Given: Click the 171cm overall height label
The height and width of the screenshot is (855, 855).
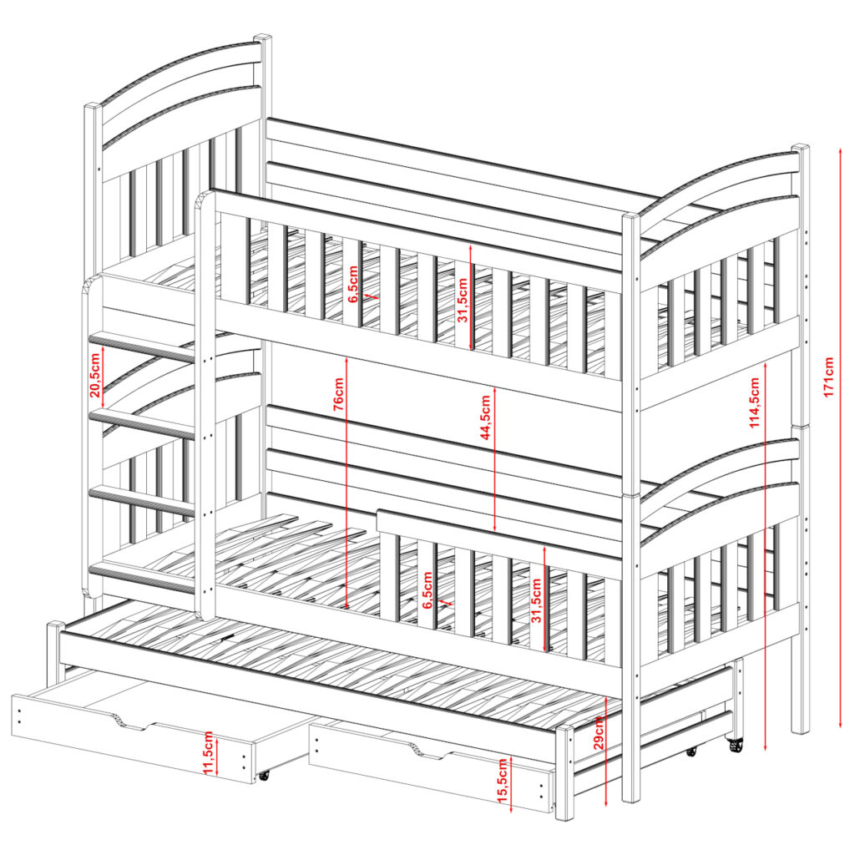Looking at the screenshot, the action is coord(829,377).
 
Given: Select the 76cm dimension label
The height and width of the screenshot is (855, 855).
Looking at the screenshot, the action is coord(338,394).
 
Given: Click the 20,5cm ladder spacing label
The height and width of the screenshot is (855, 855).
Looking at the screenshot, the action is coord(95,375).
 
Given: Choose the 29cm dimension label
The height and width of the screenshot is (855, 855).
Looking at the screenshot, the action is coord(598,732).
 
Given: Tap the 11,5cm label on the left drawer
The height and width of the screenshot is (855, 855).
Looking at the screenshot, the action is coord(208,753).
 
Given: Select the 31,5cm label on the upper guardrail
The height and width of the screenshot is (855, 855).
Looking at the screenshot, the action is coord(463,301).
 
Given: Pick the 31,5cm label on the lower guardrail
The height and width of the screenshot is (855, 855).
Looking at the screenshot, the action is coord(537,601).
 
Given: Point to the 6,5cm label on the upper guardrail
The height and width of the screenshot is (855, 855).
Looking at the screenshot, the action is coord(353,284).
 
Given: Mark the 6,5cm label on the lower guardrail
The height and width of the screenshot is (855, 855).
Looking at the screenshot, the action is coord(427,590).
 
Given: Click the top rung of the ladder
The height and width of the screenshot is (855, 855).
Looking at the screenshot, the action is coord(142,347).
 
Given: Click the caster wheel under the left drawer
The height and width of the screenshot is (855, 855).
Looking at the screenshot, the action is coord(264,775).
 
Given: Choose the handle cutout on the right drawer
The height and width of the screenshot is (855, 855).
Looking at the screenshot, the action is coord(430,751).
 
